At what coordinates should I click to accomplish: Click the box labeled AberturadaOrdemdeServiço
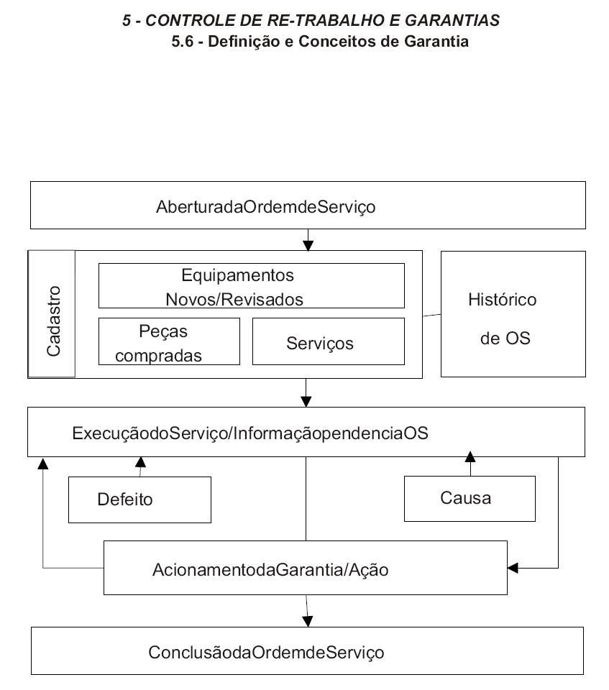pos(308,205)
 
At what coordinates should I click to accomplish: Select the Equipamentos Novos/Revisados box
pos(252,285)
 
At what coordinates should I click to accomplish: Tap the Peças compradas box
pos(169,341)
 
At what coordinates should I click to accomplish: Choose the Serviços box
pos(329,341)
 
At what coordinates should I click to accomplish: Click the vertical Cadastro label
pos(53,321)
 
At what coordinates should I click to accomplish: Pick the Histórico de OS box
pos(513,314)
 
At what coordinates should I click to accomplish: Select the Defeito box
pos(139,500)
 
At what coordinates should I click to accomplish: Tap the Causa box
pos(470,499)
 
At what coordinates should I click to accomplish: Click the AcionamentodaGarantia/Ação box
pos(305,568)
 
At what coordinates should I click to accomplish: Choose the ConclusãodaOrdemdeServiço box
pos(307,651)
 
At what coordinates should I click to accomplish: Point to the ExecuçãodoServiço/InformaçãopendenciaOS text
pos(250,433)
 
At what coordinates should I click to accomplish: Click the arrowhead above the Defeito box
pos(140,461)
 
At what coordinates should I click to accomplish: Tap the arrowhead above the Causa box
pos(470,456)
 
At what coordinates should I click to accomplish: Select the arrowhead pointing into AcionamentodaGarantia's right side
pos(513,568)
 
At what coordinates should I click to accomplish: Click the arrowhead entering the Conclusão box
pos(308,621)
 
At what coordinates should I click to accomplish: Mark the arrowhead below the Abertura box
pos(308,246)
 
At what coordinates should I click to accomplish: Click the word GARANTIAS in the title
pos(452,20)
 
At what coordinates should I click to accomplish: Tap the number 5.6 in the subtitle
pos(183,42)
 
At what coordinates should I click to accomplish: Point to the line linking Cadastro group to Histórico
pos(431,315)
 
